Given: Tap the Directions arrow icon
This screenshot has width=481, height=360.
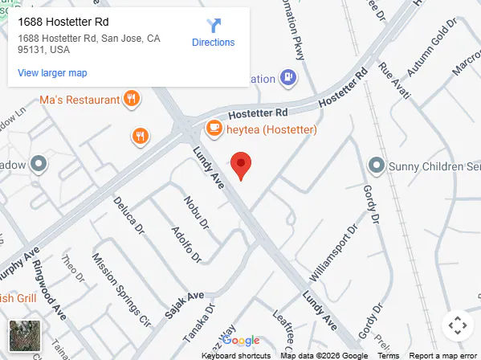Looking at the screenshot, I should [214, 25].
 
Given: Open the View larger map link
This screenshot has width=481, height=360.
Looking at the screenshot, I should [52, 73].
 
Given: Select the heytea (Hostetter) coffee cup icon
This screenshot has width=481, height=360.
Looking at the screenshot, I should [214, 128].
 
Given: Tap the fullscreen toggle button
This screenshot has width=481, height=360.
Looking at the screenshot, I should [457, 325].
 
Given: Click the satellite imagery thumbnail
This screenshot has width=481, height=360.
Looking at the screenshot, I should [24, 336].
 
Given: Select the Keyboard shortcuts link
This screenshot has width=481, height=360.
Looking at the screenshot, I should [236, 355].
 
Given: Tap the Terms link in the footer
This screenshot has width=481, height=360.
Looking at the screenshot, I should [389, 355].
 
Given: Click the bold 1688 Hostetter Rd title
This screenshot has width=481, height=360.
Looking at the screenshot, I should [63, 22].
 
